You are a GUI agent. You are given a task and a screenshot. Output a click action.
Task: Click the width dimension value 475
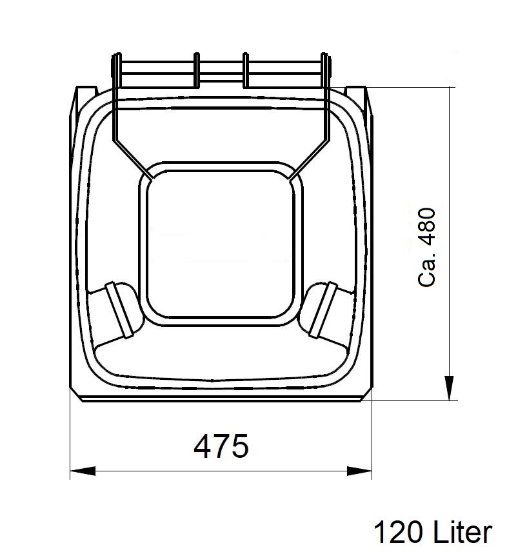coord(221,446)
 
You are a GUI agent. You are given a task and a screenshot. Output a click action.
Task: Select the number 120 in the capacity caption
coord(398,532)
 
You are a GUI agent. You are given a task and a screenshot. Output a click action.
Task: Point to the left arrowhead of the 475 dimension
coord(83,471)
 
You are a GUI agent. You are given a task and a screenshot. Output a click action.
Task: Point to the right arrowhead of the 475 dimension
coord(359,471)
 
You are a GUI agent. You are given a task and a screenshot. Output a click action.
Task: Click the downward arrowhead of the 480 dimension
coord(449,388)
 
